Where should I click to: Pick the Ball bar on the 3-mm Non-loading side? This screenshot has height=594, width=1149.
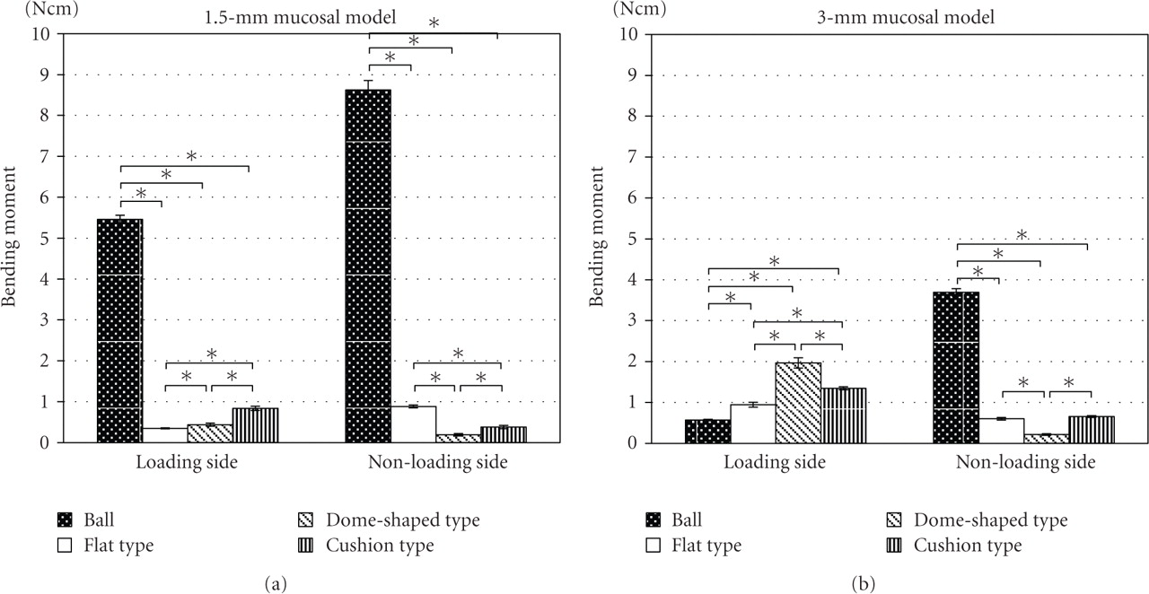click(x=956, y=367)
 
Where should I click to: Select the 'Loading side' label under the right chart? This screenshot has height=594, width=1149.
click(x=776, y=464)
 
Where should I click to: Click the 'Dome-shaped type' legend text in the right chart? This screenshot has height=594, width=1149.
click(x=991, y=520)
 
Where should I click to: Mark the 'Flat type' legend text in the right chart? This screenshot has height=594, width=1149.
click(x=706, y=545)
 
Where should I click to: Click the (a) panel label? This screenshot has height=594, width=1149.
click(x=275, y=584)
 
